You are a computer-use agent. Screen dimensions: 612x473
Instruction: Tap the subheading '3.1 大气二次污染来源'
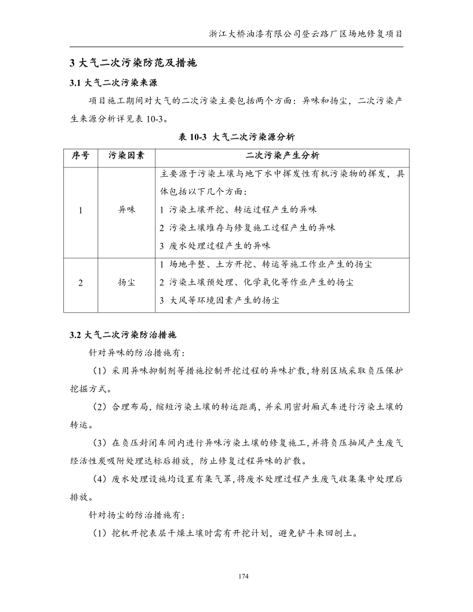click(x=113, y=82)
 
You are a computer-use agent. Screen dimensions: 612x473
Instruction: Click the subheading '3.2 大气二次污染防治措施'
click(x=122, y=335)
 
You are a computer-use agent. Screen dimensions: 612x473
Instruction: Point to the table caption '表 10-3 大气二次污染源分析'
click(x=237, y=137)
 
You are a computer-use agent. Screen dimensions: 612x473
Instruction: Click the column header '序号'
click(x=81, y=156)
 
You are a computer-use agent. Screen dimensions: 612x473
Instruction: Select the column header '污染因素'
click(x=126, y=156)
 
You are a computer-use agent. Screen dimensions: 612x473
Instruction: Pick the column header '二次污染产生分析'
click(x=282, y=156)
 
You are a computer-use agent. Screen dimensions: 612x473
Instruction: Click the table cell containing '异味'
click(x=126, y=210)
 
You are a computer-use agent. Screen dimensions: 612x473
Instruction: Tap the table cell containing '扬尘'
click(x=126, y=282)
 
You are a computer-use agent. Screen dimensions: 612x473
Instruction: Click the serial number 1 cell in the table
click(x=81, y=210)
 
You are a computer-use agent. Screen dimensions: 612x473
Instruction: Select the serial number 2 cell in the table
click(x=81, y=282)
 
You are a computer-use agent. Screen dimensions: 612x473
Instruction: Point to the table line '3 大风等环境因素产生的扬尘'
click(x=223, y=301)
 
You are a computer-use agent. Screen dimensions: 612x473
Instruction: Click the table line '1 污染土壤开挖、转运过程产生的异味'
click(x=238, y=209)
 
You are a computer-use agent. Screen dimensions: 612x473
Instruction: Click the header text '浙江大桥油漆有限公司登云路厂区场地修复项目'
click(x=306, y=34)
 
